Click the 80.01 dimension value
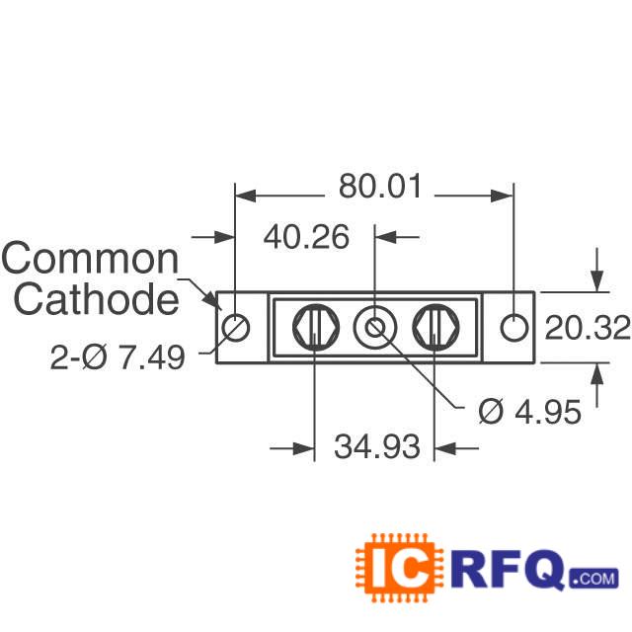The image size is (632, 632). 380,187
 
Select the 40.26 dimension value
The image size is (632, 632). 306,237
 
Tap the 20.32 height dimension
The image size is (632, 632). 588,328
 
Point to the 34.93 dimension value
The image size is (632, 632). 377,446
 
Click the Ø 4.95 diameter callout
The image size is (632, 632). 530,412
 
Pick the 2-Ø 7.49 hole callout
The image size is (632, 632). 118,357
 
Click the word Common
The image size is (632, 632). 90,259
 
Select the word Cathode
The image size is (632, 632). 97,298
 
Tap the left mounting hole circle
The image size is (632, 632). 236,327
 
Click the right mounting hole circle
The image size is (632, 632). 514,327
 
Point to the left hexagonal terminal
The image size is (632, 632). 316,327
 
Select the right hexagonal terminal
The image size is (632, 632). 436,327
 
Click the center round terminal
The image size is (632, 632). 375,327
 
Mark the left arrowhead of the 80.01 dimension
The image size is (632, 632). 246,196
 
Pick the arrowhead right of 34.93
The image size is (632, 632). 444,447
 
